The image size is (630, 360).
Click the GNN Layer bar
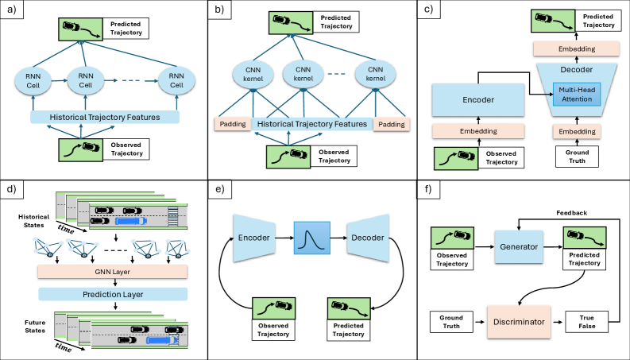click(112, 272)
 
